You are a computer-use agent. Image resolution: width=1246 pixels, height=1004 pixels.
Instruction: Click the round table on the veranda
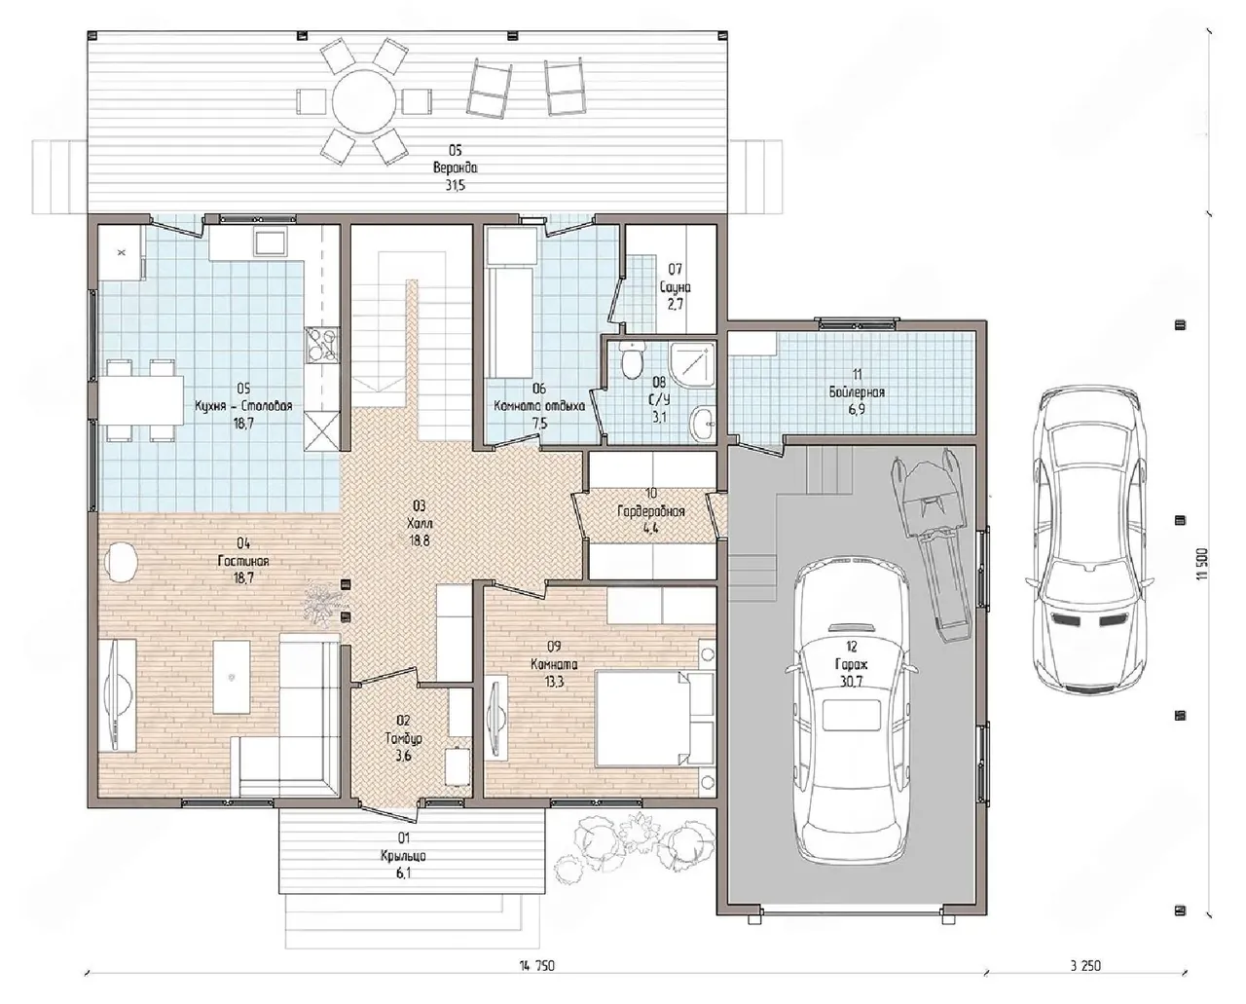point(363,102)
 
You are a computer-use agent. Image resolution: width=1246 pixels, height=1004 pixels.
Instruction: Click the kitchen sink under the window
point(270,242)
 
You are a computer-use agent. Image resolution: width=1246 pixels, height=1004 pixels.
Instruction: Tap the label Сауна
point(676,286)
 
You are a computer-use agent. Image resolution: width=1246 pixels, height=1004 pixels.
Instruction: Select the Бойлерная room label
point(857,392)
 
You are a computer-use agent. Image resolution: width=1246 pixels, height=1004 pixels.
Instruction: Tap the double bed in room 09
point(654,718)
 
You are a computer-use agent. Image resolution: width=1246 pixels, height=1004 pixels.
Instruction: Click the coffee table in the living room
point(232,677)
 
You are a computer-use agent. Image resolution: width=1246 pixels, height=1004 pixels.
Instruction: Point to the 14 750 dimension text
point(537,966)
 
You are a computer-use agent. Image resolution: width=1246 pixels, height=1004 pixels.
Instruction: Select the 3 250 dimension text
point(1085,966)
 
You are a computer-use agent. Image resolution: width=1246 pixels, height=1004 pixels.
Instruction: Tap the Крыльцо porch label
point(404,856)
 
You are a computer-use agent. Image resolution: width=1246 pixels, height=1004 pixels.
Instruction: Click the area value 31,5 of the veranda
point(456,185)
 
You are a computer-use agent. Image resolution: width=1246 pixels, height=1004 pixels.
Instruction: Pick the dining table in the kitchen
point(141,400)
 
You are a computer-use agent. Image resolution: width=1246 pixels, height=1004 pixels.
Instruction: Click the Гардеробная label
point(651,511)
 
